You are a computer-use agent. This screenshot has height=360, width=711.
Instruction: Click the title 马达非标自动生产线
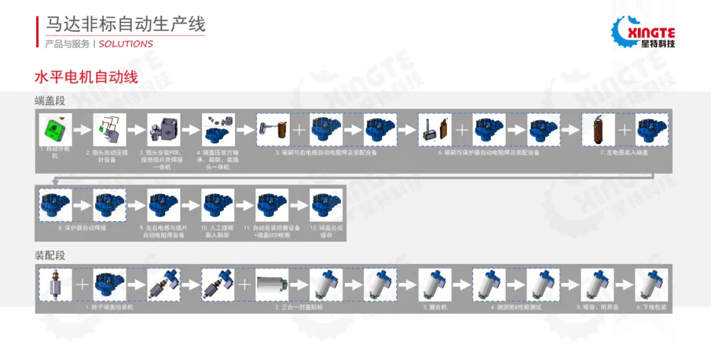125,24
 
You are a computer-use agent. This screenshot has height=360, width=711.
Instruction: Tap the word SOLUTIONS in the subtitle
126,44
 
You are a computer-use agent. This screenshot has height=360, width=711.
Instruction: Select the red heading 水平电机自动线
86,77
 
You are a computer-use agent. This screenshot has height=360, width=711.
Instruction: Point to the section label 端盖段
50,101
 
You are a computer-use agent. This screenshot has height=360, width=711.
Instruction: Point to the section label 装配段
50,255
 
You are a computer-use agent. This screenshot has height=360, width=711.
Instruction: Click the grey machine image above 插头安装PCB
163,129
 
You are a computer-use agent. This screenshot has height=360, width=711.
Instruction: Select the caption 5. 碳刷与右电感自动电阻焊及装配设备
326,153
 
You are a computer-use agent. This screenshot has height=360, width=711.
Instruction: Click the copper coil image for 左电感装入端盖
598,129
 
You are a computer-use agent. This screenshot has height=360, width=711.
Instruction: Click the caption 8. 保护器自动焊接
82,228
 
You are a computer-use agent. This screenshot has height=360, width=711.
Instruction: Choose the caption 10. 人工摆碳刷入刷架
217,231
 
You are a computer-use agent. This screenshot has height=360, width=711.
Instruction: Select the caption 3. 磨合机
434,307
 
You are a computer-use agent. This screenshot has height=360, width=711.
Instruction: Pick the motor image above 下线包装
651,284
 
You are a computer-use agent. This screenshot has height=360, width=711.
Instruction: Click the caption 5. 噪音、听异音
597,307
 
